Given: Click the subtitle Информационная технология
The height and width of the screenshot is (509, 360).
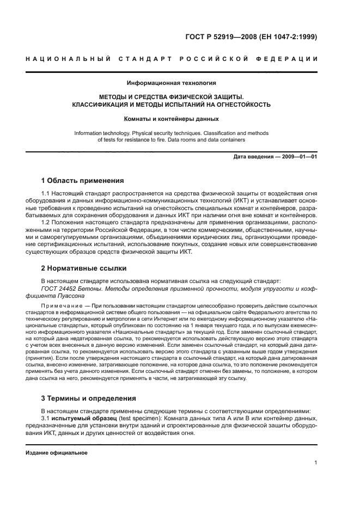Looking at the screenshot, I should tap(172, 83).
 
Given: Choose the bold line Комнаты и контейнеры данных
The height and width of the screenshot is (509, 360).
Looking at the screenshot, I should tap(172, 119).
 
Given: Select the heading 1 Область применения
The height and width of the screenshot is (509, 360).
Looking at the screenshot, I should tap(83, 181).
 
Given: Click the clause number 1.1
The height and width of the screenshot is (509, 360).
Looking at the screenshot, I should tap(46, 193).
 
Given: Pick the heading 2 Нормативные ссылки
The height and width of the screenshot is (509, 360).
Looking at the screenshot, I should tap(84, 268).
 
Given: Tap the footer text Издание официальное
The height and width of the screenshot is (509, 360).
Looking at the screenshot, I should tap(57, 452).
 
